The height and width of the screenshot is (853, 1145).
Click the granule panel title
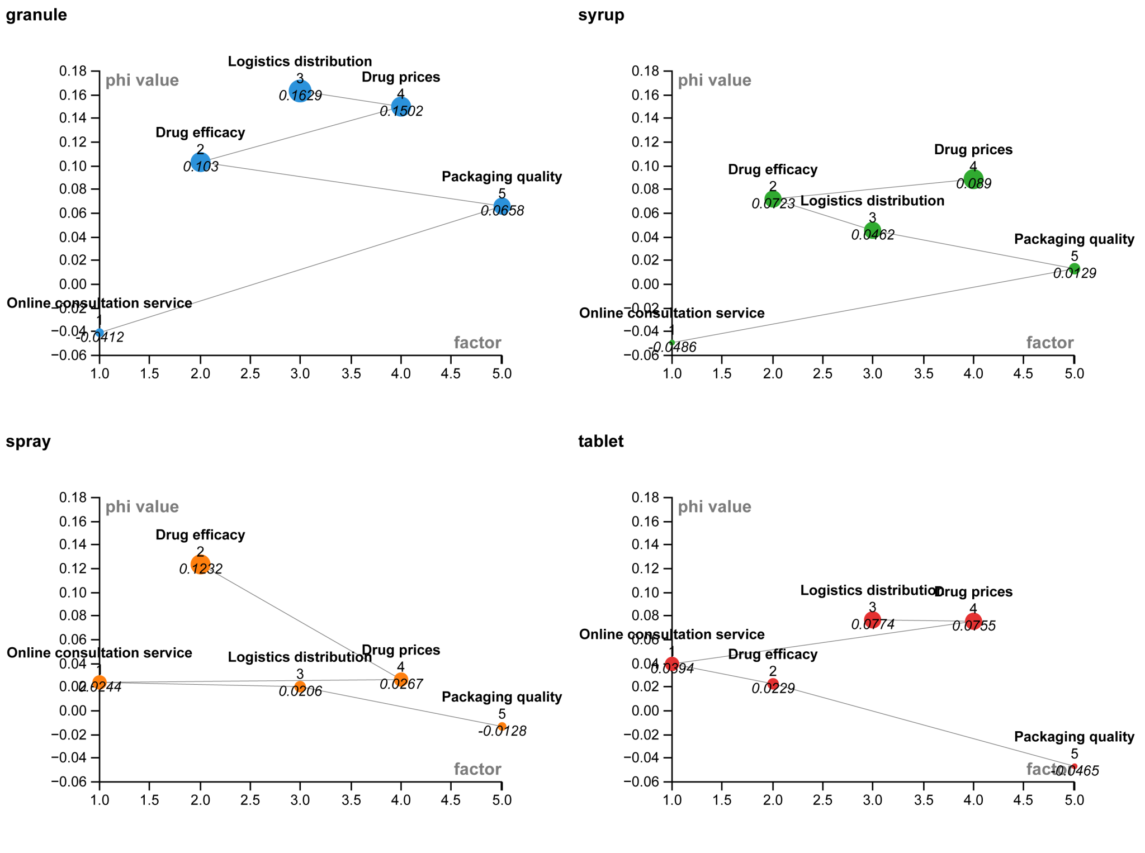(x=36, y=15)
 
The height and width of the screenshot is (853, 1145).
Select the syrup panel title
(x=601, y=15)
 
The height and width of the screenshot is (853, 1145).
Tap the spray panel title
(x=29, y=442)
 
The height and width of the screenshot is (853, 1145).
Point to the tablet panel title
(x=601, y=442)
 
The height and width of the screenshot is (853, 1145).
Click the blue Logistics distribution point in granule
(x=300, y=91)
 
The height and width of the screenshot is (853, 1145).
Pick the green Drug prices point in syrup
(x=973, y=180)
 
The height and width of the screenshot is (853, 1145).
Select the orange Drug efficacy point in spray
(x=200, y=565)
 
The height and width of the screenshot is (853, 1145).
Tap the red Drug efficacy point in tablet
(x=773, y=684)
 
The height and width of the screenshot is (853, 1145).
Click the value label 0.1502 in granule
(x=401, y=112)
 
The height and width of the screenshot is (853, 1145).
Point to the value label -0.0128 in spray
(x=502, y=731)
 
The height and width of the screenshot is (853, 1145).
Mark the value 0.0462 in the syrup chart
(x=873, y=235)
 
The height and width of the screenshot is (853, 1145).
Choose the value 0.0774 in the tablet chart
(x=873, y=625)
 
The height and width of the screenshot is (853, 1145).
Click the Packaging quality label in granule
(x=501, y=177)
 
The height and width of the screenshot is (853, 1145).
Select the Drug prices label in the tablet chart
(x=973, y=592)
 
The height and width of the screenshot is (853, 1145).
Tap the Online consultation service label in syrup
(x=671, y=313)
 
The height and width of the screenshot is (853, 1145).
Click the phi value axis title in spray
(x=142, y=507)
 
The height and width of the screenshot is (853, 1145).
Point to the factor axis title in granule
(x=477, y=343)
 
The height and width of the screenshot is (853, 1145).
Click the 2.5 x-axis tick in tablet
(x=822, y=800)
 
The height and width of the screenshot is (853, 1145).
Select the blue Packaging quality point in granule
(x=502, y=207)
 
